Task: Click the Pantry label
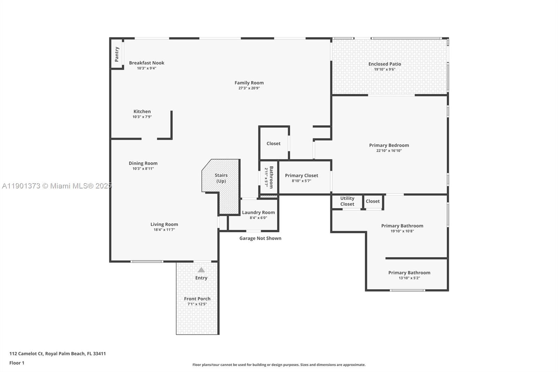pyautogui.click(x=117, y=54)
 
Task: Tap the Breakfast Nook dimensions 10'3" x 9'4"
pyautogui.click(x=146, y=68)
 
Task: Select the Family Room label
pyautogui.click(x=249, y=83)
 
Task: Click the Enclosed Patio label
pyautogui.click(x=385, y=64)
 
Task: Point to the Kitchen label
pyautogui.click(x=142, y=111)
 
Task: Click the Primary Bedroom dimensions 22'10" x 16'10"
pyautogui.click(x=389, y=151)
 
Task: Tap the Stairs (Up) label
pyautogui.click(x=221, y=178)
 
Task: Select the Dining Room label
pyautogui.click(x=143, y=163)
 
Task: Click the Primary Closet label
pyautogui.click(x=301, y=176)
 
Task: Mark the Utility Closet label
pyautogui.click(x=347, y=201)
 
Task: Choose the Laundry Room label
pyautogui.click(x=258, y=212)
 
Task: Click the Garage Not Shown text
pyautogui.click(x=260, y=238)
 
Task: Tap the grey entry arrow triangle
pyautogui.click(x=201, y=270)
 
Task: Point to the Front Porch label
pyautogui.click(x=197, y=299)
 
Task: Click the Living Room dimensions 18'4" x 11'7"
pyautogui.click(x=164, y=230)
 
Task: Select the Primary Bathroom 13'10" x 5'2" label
pyautogui.click(x=409, y=273)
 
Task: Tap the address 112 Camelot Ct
pyautogui.click(x=27, y=354)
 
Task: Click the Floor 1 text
pyautogui.click(x=17, y=363)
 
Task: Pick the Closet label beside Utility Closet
pyautogui.click(x=372, y=201)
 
